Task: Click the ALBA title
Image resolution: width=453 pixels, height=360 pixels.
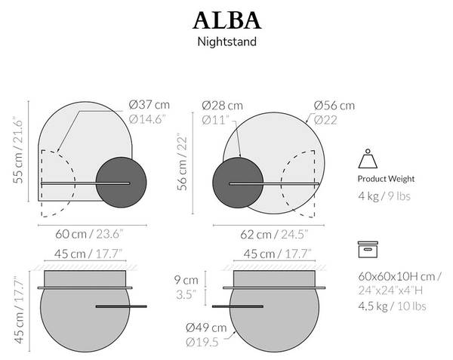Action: click(x=226, y=20)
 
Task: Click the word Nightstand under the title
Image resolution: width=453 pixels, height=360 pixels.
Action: click(x=226, y=42)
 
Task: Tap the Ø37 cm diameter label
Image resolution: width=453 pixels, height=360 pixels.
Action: click(x=149, y=104)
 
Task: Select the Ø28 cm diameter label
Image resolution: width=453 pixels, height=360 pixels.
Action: click(x=222, y=106)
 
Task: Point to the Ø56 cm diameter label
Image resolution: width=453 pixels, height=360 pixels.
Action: click(x=334, y=106)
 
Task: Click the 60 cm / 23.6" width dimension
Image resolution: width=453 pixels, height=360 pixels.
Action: click(x=89, y=234)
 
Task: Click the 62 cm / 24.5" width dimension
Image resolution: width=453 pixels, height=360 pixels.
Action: click(x=274, y=235)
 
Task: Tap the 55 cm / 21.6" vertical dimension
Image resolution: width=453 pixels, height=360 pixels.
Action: click(x=17, y=150)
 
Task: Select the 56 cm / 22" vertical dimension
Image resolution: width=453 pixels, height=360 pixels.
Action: click(x=182, y=162)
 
